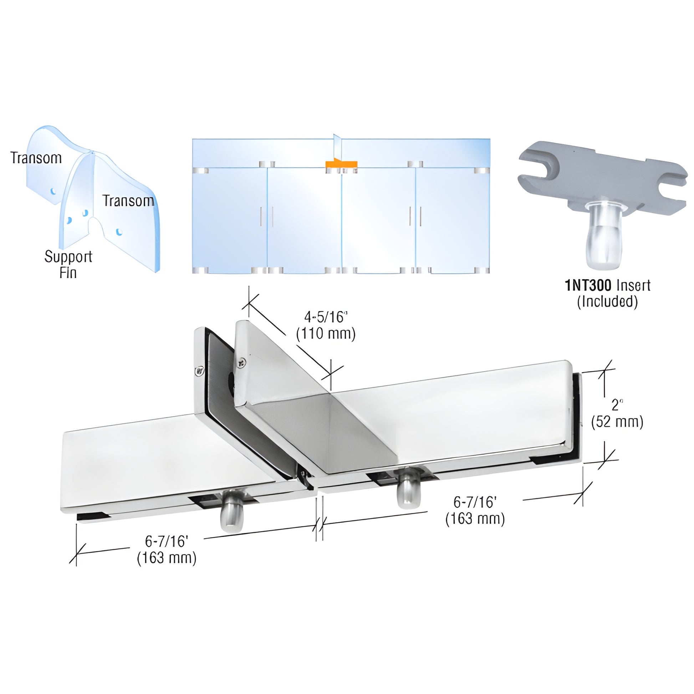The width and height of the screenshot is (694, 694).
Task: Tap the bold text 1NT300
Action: pos(588,286)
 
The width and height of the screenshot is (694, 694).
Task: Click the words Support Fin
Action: pos(68,264)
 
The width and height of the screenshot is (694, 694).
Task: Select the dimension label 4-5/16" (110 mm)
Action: pos(326,326)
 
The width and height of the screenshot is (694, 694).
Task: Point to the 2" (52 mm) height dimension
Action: pos(617,413)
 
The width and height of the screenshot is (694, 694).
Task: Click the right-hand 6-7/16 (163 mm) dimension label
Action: pos(475,510)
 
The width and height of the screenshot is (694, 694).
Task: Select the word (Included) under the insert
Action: pos(607,301)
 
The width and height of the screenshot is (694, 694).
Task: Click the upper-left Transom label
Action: pos(36,158)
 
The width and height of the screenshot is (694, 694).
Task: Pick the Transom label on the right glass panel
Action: pos(129,201)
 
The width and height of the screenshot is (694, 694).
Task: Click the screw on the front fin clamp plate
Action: pos(241,363)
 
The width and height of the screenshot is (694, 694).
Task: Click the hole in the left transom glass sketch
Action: pos(53,191)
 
